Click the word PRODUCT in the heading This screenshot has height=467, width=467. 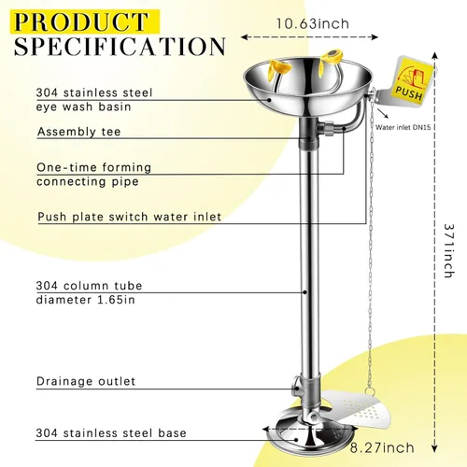81,21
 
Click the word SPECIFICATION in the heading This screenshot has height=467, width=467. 120,47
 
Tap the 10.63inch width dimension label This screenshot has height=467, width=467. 313,24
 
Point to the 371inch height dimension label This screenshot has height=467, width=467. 448,250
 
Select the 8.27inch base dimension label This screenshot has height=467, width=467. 382,448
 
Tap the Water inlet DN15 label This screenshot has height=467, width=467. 403,127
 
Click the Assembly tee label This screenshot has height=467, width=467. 78,132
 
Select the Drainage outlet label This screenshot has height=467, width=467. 86,381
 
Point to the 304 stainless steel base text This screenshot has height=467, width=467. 111,433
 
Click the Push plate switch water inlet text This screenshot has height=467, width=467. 130,217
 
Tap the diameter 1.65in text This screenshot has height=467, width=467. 86,300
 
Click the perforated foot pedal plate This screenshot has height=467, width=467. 358,407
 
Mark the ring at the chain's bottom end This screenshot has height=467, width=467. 370,390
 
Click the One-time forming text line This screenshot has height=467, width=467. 93,167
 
